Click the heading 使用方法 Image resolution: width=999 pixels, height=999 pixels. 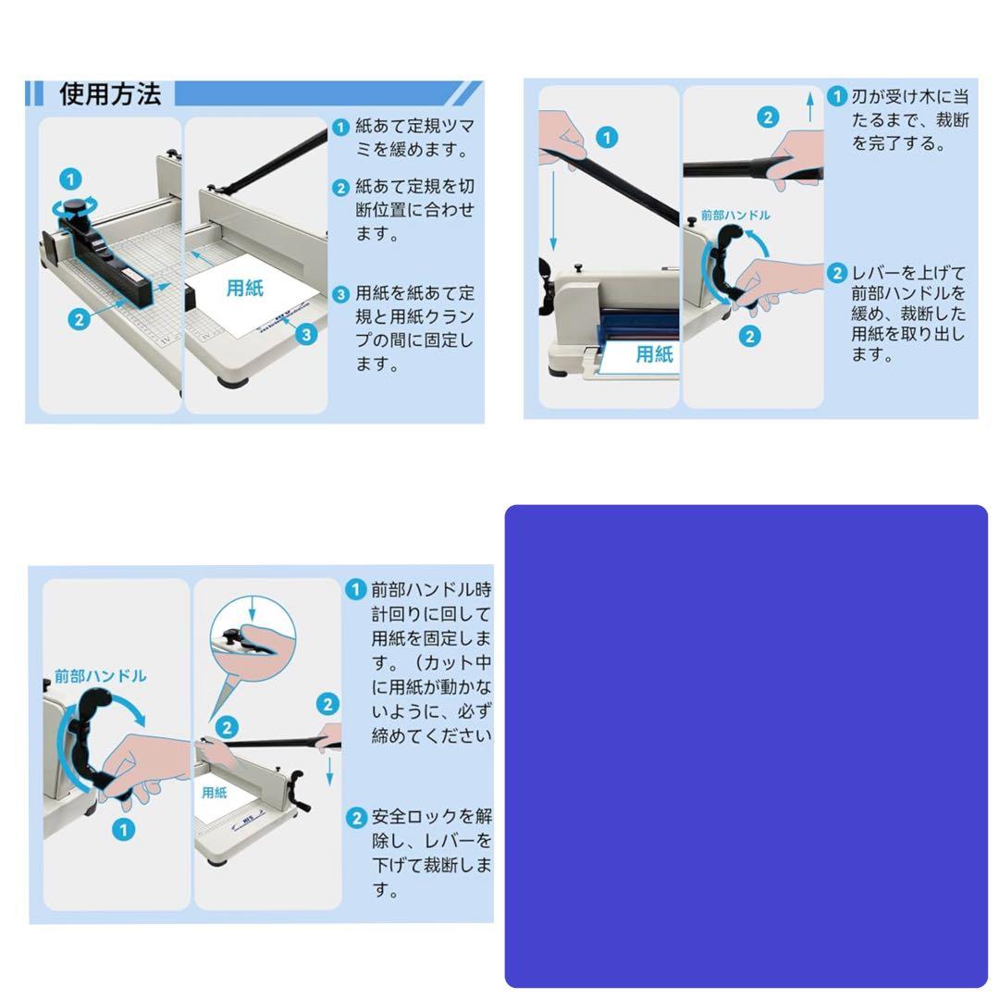pos(110,94)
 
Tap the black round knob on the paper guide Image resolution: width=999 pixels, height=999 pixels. pos(80,205)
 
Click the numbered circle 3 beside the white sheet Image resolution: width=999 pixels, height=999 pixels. pos(306,335)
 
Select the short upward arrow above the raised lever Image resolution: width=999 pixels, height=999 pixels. pos(810,106)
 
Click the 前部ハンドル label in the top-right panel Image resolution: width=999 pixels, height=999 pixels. pos(734,216)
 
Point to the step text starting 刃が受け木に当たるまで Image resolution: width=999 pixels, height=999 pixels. pos(909,120)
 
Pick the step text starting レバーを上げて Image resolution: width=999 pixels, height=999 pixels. pos(907,314)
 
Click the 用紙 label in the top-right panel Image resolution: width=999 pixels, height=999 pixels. pos(654,354)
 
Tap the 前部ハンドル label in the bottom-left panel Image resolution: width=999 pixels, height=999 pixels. pos(100,676)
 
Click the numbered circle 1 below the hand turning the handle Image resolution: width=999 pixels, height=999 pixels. pos(123,830)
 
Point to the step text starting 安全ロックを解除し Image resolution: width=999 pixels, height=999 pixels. pos(431,853)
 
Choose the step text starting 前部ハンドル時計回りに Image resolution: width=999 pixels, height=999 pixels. pos(431,662)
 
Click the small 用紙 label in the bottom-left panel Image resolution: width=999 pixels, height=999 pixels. pos(215,793)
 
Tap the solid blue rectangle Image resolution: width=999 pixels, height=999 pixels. pos(746,746)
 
